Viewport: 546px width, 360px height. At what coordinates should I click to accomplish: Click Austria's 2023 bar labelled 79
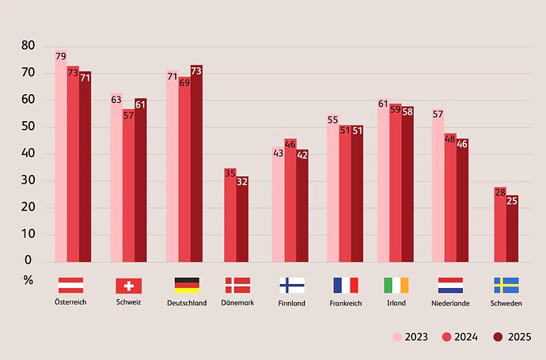click(61, 158)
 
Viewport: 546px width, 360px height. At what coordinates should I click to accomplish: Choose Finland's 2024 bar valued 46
click(290, 201)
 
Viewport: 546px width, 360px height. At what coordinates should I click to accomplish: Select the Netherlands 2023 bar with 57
click(438, 186)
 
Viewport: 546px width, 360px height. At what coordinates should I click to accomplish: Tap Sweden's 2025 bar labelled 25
click(512, 229)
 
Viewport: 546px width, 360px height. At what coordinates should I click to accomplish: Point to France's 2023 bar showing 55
click(333, 189)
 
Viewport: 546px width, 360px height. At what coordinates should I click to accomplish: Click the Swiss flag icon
click(128, 286)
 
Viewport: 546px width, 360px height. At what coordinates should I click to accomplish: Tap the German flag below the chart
click(187, 285)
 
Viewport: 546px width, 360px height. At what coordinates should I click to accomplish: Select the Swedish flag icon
click(506, 285)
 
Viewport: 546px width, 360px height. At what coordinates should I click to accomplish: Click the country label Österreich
click(70, 302)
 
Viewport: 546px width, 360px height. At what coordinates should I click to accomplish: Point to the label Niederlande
click(451, 302)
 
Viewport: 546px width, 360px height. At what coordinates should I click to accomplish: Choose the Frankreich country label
click(346, 303)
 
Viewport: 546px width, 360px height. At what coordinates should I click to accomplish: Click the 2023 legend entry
click(411, 336)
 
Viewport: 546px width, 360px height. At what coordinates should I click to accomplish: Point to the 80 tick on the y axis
click(28, 46)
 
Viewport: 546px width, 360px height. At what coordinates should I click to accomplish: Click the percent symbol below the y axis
click(28, 279)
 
